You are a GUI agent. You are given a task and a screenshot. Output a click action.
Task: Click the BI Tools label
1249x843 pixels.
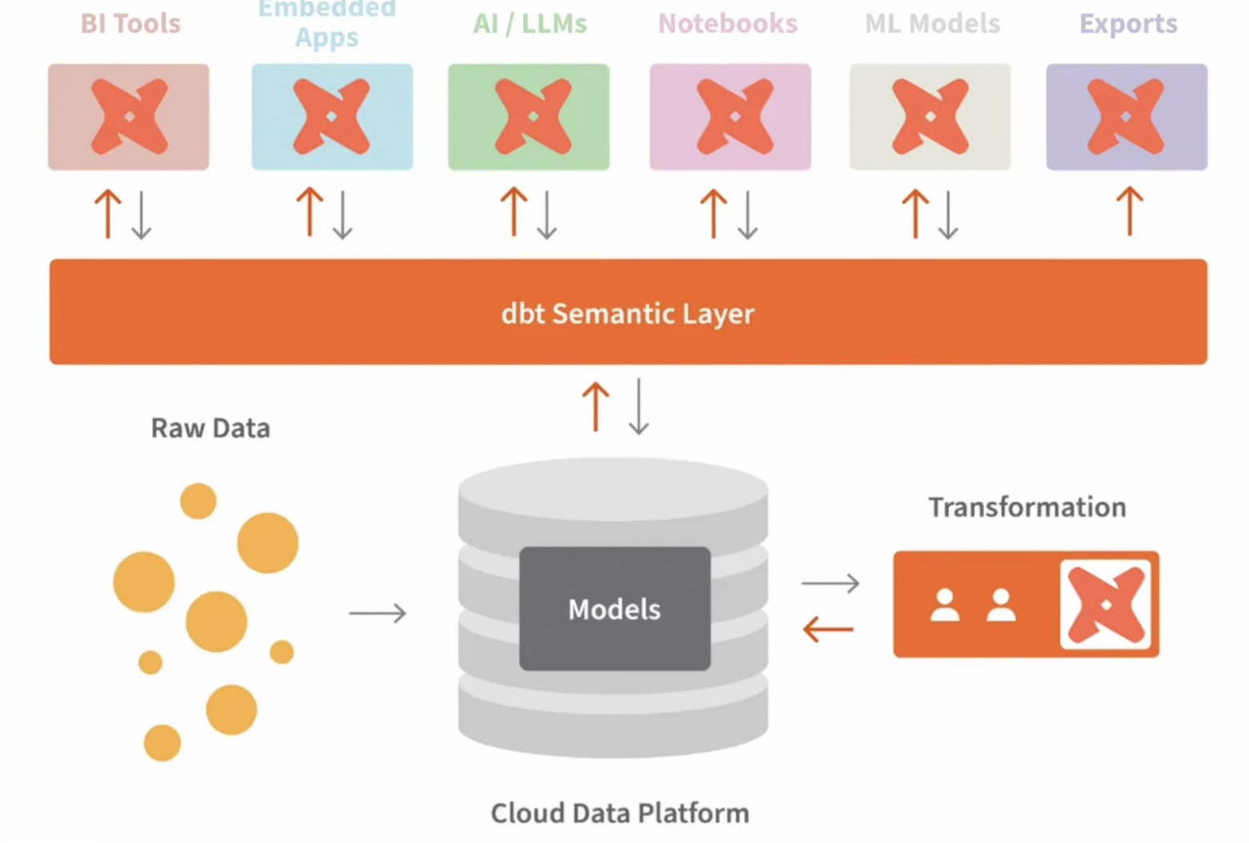click(x=131, y=24)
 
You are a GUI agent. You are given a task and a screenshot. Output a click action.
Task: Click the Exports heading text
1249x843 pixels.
click(x=1128, y=24)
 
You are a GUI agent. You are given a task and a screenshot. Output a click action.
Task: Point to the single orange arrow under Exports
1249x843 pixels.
click(x=1130, y=211)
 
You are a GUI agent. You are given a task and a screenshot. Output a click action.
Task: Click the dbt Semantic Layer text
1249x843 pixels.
click(x=628, y=313)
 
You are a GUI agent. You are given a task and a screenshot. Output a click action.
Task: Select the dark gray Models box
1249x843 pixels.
click(x=614, y=608)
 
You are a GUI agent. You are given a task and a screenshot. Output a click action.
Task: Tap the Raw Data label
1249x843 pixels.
click(x=211, y=428)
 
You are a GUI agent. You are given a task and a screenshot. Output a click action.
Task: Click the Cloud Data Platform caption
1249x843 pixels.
click(x=620, y=813)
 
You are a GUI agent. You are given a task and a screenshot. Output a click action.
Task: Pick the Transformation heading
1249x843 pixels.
click(x=1027, y=508)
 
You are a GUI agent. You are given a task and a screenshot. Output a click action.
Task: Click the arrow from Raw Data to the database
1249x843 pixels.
click(x=378, y=613)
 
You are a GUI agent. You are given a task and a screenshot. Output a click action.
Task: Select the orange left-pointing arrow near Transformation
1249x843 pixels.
click(x=828, y=629)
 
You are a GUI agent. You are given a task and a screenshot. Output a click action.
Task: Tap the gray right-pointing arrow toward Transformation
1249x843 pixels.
click(x=830, y=583)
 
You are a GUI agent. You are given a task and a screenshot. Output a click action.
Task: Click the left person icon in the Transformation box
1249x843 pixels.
click(x=945, y=605)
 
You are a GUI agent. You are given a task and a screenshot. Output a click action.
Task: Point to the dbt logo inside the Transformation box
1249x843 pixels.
click(x=1106, y=604)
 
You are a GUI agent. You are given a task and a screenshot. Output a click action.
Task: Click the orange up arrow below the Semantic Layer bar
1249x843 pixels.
click(x=595, y=407)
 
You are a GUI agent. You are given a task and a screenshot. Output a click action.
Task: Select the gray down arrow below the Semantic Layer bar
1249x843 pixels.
click(x=639, y=407)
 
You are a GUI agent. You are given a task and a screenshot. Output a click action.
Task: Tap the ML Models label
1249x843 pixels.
click(x=932, y=24)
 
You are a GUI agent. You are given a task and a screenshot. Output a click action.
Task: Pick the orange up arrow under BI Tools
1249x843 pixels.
click(x=107, y=213)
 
